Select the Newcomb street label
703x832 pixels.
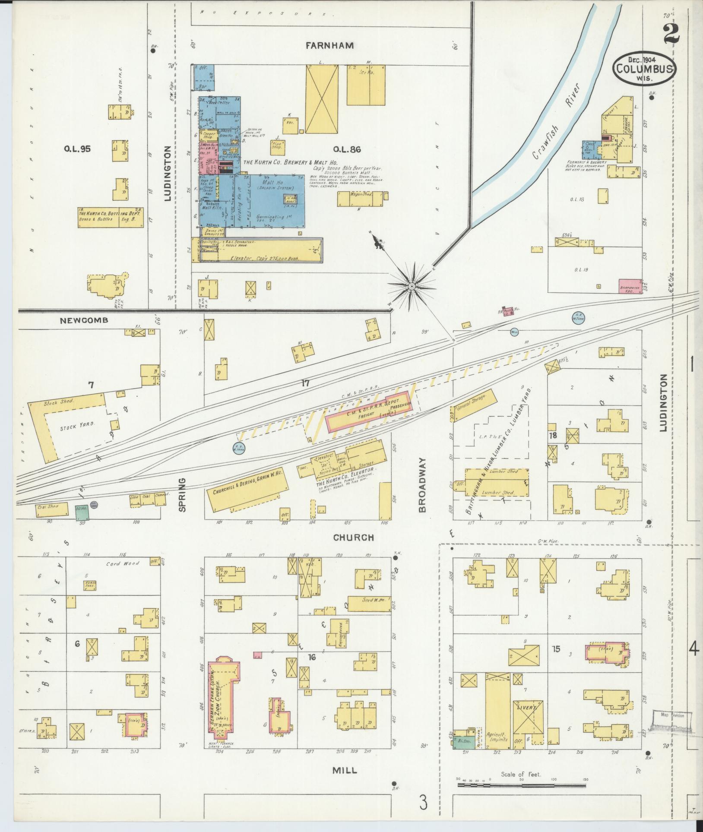coord(84,320)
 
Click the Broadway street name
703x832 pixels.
coord(423,485)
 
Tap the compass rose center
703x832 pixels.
coord(412,286)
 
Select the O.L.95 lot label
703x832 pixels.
coord(77,149)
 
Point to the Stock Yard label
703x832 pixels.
coord(71,427)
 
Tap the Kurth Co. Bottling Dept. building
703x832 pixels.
coord(111,216)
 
